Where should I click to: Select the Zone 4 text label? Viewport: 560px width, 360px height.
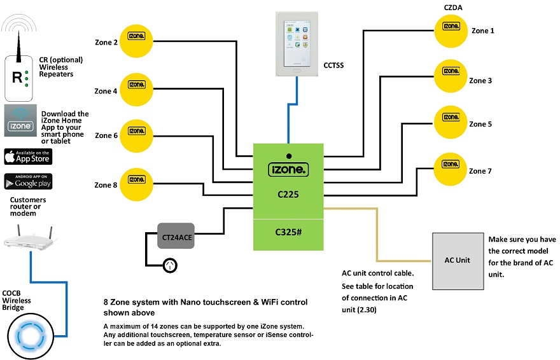tap(106, 91)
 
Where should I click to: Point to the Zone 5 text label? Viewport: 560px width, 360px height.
tap(480, 124)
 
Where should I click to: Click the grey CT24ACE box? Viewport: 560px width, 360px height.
tap(175, 237)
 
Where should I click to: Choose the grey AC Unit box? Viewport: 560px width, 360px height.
tap(456, 260)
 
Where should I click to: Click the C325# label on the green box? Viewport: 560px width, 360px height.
tap(288, 233)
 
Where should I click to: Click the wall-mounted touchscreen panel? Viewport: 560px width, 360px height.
tap(296, 45)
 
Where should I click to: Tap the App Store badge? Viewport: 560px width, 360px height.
tap(28, 156)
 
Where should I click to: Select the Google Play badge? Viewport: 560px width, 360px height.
tap(28, 182)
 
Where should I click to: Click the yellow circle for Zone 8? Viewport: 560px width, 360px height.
tap(136, 184)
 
